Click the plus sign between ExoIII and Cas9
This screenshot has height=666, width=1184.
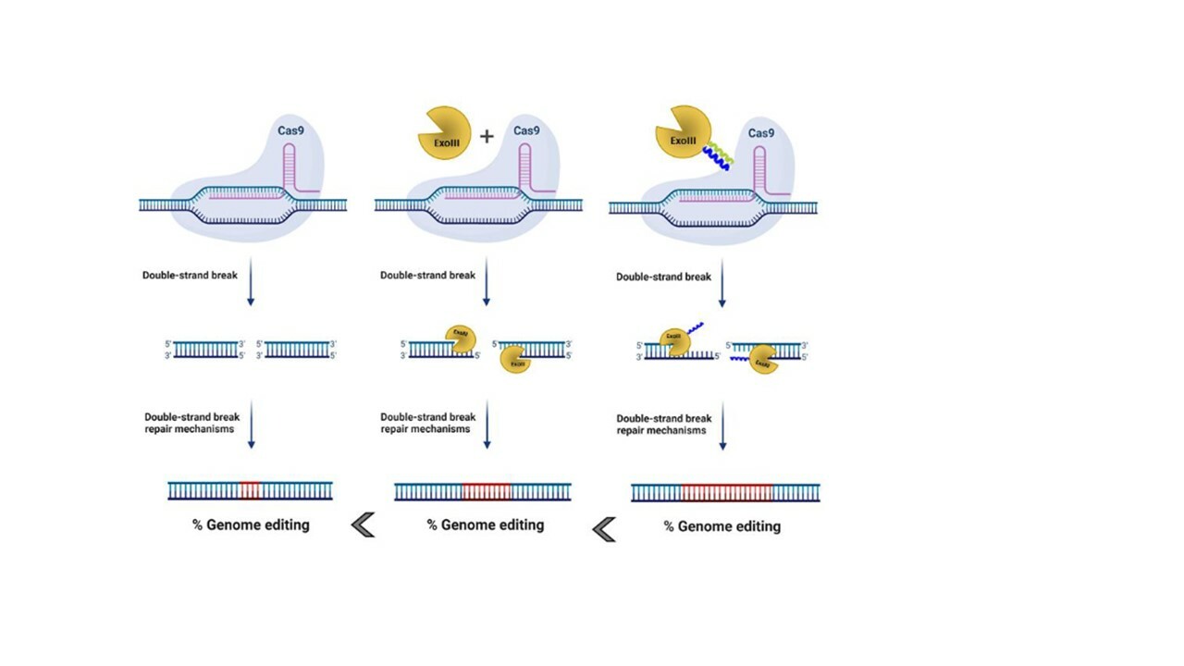point(487,136)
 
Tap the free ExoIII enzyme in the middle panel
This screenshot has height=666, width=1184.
point(444,133)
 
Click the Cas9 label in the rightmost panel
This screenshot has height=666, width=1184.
point(761,133)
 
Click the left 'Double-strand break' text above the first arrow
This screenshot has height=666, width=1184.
point(190,275)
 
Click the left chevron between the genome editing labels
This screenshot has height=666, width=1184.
point(363,525)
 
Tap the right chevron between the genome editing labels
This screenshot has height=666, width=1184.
point(604,529)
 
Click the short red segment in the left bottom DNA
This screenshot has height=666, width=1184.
point(250,490)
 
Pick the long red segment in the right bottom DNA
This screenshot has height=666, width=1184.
point(727,492)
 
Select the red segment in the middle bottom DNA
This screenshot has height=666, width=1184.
point(487,491)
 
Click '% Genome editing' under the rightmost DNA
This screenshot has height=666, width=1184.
point(722,526)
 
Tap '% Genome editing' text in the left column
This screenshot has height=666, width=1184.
point(251,524)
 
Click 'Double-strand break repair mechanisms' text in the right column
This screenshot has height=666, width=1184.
point(663,425)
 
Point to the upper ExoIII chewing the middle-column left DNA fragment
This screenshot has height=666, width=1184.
point(460,339)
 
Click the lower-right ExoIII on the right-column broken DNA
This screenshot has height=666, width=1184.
point(763,359)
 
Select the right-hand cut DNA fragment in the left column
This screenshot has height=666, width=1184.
point(297,350)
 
